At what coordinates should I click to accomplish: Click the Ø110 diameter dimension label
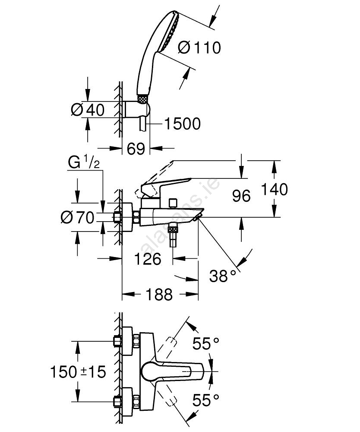pyautogui.click(x=199, y=48)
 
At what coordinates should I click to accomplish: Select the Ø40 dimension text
pyautogui.click(x=88, y=110)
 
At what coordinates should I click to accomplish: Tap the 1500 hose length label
pyautogui.click(x=182, y=124)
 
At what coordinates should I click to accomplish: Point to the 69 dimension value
pyautogui.click(x=136, y=149)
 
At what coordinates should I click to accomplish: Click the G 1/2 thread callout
pyautogui.click(x=84, y=163)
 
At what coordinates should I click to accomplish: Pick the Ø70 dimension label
pyautogui.click(x=77, y=218)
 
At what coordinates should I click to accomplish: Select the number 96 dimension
pyautogui.click(x=241, y=196)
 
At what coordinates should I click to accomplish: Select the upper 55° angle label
pyautogui.click(x=206, y=344)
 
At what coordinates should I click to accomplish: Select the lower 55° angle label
pyautogui.click(x=206, y=400)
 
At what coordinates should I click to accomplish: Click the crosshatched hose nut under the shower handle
pyautogui.click(x=142, y=99)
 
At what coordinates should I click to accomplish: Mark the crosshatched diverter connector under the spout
pyautogui.click(x=174, y=228)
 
